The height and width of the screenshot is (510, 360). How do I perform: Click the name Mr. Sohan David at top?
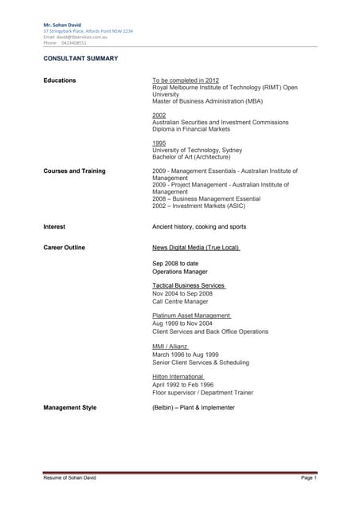[62, 25]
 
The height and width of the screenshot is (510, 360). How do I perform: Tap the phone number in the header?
[65, 42]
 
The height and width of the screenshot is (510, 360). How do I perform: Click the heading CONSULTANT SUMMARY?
[80, 58]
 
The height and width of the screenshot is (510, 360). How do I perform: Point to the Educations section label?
[60, 80]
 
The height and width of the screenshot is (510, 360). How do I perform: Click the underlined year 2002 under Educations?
[159, 115]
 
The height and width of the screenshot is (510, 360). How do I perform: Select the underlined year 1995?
[159, 143]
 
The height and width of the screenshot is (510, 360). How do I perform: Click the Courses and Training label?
[74, 171]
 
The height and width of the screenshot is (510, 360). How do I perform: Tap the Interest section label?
[54, 226]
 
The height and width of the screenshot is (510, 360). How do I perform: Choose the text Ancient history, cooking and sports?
[199, 226]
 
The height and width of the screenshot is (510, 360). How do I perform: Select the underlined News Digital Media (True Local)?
[196, 248]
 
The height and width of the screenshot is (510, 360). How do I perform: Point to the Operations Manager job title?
[180, 272]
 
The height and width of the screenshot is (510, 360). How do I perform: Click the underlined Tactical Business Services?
[189, 285]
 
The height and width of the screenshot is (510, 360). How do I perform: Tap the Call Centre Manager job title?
[180, 301]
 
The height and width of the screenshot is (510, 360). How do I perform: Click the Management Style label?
[70, 407]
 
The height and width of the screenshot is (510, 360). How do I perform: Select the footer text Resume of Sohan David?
[69, 477]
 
